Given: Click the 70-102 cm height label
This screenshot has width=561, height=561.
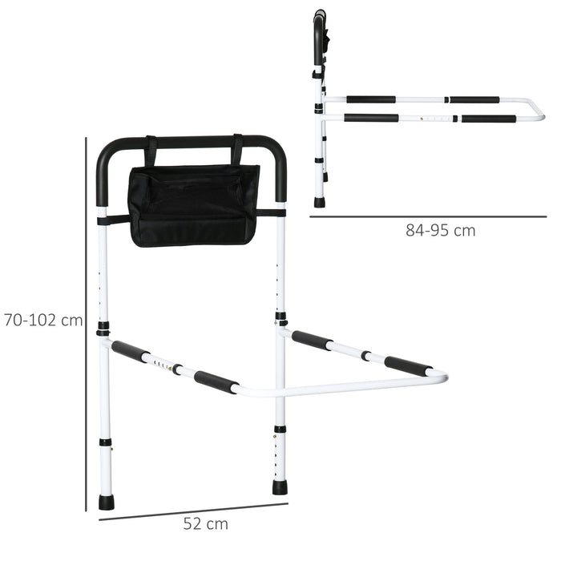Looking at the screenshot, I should pos(42,321).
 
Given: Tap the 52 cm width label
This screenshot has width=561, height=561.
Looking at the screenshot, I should pos(205,525).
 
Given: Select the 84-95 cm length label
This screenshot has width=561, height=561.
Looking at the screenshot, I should pos(440,231).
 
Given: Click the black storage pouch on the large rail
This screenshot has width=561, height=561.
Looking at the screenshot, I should pos(194,205).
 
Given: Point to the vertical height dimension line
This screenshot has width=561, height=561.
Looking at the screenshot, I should pos(86,321).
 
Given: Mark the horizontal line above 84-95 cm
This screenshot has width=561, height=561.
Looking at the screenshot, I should pos(428,216).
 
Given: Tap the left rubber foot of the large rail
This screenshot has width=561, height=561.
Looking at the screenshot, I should pos(106,502).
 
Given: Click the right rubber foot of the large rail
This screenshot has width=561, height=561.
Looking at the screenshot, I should pos(280,486).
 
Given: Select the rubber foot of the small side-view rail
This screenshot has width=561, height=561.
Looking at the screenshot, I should pos(319,202).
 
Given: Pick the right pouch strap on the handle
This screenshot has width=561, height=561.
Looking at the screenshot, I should pos(237,150).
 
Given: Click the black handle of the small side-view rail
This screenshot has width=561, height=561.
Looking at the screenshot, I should pos(319,32).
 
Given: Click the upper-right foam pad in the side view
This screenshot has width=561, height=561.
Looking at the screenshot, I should pos(474,100).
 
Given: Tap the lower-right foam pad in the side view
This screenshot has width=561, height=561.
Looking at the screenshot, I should pos(489,119).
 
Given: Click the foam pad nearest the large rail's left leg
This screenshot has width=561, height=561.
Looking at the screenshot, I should pos(130,350).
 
